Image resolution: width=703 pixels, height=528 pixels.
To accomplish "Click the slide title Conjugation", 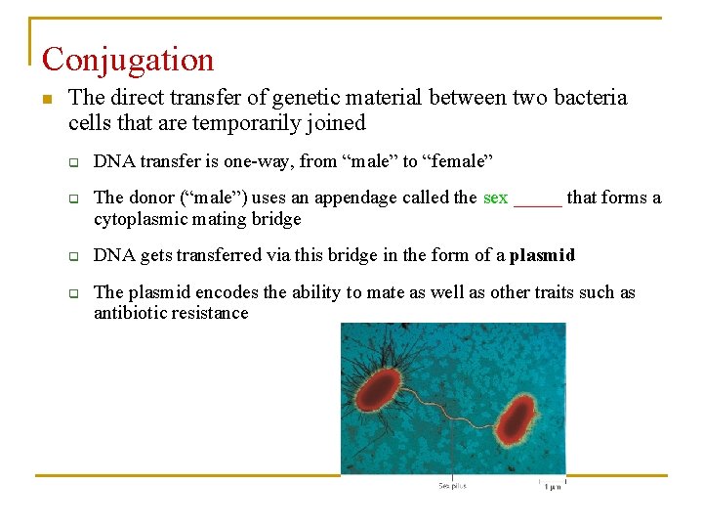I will [128, 60].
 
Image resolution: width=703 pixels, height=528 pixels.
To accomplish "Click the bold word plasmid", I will [542, 256].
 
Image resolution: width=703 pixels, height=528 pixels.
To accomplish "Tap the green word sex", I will [495, 198].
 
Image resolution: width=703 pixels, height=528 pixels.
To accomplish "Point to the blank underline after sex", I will [538, 199].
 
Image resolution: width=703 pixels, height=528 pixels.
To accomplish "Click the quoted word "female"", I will [458, 160].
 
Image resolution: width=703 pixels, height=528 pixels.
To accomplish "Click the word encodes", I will [227, 292].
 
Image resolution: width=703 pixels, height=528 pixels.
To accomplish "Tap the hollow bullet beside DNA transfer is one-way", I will [72, 161].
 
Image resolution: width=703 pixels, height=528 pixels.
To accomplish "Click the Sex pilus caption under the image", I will [452, 485].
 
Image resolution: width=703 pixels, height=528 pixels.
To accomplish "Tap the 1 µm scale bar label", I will [553, 486].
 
